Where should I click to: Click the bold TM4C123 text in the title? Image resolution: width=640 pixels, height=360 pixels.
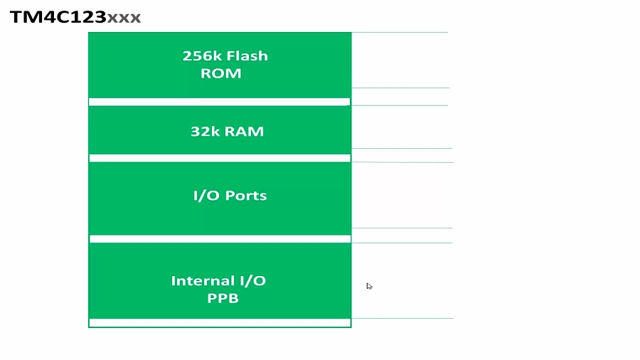[x=58, y=16]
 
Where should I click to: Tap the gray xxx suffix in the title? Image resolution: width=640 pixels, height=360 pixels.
[x=124, y=17]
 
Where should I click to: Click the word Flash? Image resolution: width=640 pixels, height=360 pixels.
[x=247, y=56]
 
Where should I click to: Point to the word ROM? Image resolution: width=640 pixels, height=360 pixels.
[x=221, y=73]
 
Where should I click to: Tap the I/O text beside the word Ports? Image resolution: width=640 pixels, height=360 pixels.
[x=205, y=196]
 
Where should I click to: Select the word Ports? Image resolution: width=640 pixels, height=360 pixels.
[x=244, y=196]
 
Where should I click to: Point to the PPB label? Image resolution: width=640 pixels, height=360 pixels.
[x=223, y=299]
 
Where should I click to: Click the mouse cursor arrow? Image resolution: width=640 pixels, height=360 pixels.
[x=369, y=286]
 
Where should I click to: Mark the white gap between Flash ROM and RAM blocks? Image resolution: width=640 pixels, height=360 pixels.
[x=219, y=102]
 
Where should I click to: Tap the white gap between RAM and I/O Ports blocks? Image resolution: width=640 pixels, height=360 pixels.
[x=219, y=158]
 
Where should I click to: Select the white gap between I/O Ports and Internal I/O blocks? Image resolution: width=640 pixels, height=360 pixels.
[x=219, y=239]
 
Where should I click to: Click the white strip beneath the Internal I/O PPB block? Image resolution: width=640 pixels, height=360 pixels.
[x=219, y=323]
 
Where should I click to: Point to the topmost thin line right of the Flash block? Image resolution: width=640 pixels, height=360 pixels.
[x=400, y=32]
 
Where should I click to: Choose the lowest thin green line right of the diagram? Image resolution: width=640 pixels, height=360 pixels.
[x=402, y=318]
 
